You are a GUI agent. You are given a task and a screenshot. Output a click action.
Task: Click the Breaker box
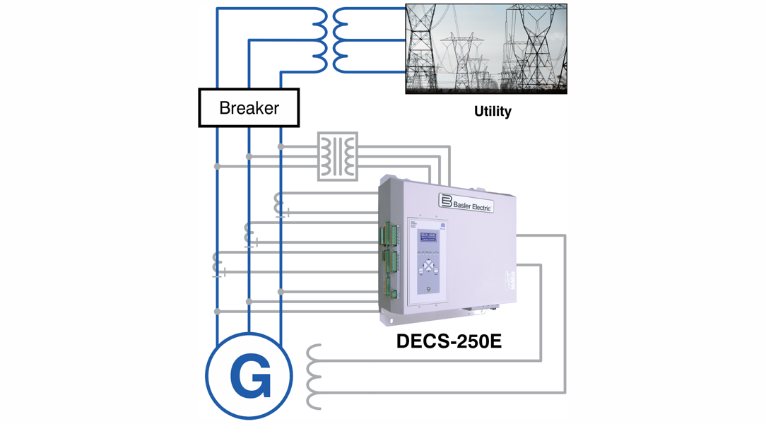[249, 108]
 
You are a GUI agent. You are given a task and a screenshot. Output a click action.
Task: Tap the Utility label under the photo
[493, 112]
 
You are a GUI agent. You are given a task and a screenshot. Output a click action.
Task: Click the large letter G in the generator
[249, 378]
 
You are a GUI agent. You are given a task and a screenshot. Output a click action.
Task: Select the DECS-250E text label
[449, 341]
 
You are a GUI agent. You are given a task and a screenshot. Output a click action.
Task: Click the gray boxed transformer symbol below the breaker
[338, 156]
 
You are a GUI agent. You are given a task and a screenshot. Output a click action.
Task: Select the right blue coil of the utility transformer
[341, 40]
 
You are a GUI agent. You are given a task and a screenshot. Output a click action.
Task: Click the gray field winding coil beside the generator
[314, 377]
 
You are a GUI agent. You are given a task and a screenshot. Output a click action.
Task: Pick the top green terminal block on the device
[387, 234]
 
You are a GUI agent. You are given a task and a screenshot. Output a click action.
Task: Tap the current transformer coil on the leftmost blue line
[218, 263]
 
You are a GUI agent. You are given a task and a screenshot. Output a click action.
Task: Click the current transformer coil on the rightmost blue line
[280, 204]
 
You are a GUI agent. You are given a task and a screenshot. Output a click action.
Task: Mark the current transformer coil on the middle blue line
[249, 234]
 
